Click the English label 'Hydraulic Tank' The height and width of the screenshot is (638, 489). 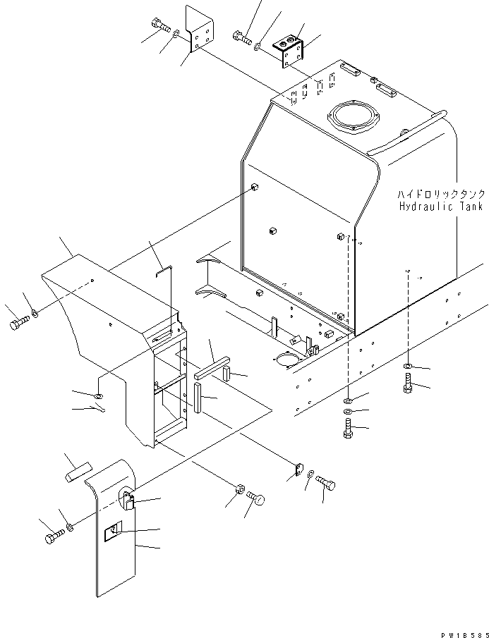(440, 207)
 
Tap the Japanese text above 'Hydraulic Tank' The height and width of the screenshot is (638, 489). (440, 194)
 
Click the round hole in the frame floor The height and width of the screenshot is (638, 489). (287, 360)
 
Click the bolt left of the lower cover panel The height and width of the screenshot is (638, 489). (54, 539)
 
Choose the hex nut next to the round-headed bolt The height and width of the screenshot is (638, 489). (240, 488)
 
